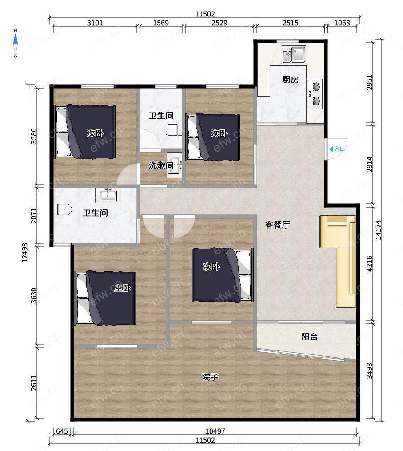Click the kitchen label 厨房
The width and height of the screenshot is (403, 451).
tap(291, 79)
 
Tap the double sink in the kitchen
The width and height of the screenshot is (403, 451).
tap(294, 55)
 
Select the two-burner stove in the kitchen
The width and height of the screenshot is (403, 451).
tap(315, 94)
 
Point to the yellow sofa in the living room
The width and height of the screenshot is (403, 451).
tap(339, 261)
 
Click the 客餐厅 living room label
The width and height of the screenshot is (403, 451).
tap(277, 225)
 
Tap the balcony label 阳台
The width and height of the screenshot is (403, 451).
tap(309, 337)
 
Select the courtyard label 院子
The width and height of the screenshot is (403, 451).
tap(210, 377)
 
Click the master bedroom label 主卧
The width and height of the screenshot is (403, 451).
tap(123, 288)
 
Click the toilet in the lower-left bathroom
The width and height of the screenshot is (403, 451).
tap(64, 209)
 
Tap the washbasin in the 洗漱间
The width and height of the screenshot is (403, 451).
tap(174, 165)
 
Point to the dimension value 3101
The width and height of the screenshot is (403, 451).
tap(95, 23)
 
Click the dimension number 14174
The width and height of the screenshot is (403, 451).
tap(378, 230)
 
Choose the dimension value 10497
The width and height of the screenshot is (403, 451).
tap(215, 431)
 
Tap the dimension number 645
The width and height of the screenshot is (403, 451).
tap(62, 431)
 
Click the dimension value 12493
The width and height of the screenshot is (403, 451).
tap(25, 253)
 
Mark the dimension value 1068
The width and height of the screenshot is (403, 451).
tap(342, 23)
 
